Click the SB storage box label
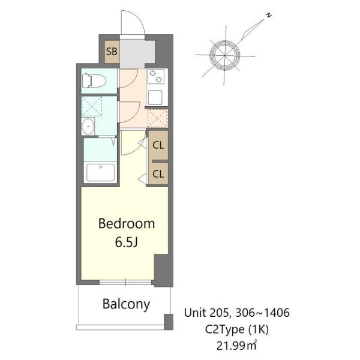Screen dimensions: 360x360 pyautogui.click(x=112, y=52)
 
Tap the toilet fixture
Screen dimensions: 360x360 pyautogui.click(x=94, y=80)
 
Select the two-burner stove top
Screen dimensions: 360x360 pyautogui.click(x=155, y=76)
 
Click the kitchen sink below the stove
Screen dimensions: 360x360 pyautogui.click(x=155, y=97)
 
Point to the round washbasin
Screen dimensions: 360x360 pyautogui.click(x=88, y=126)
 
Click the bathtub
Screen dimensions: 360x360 pyautogui.click(x=101, y=172)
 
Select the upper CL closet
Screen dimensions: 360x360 pyautogui.click(x=158, y=145)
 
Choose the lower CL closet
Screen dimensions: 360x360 pyautogui.click(x=158, y=174)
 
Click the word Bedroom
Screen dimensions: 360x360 pyautogui.click(x=127, y=223)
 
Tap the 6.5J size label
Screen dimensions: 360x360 pyautogui.click(x=126, y=242)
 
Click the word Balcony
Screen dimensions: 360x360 pyautogui.click(x=126, y=304)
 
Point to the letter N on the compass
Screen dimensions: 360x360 pyautogui.click(x=269, y=16)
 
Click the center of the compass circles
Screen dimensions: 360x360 pyautogui.click(x=225, y=55)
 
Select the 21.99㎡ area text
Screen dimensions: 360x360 pyautogui.click(x=236, y=346)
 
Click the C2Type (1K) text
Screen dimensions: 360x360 pyautogui.click(x=237, y=329)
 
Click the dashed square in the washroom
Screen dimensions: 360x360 pyautogui.click(x=92, y=107)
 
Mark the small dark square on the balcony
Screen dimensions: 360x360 pyautogui.click(x=168, y=322)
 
